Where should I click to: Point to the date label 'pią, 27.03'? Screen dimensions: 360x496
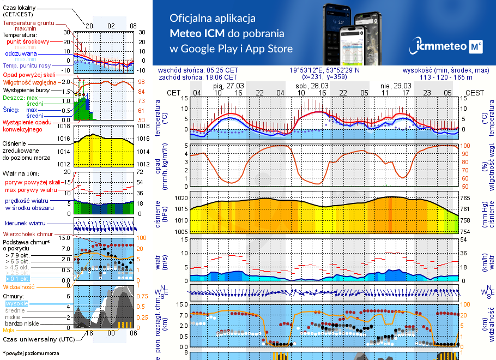pyautogui.click(x=228, y=86)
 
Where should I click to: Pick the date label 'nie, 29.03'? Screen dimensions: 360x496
pyautogui.click(x=395, y=86)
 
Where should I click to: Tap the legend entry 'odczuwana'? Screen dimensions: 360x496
pyautogui.click(x=21, y=53)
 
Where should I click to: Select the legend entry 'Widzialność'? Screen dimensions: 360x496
pyautogui.click(x=19, y=286)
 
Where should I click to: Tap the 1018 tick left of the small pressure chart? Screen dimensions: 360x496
pyautogui.click(x=64, y=126)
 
